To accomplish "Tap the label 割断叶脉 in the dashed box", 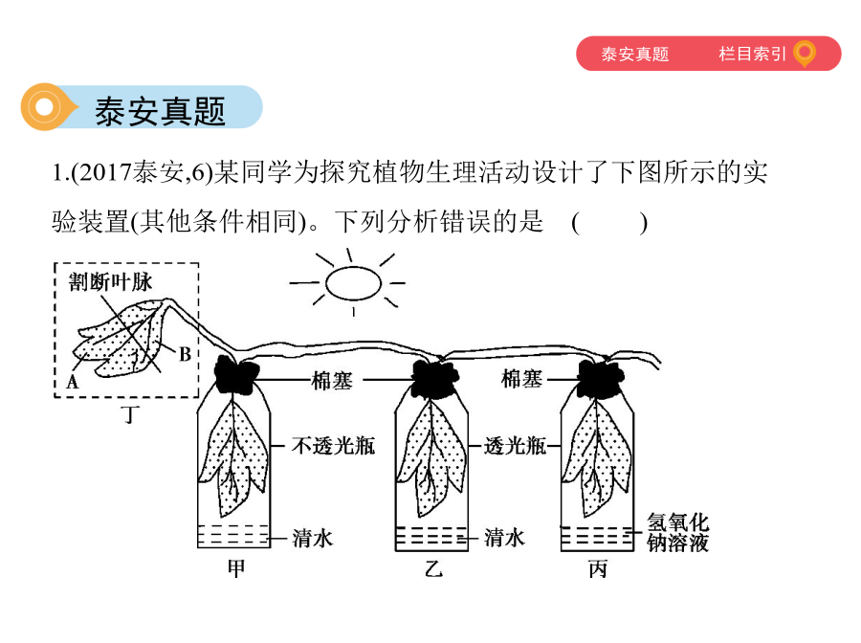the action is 110,281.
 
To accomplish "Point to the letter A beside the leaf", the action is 73,381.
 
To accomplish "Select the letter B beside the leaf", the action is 185,354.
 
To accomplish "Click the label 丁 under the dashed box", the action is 129,414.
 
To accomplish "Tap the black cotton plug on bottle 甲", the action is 236,374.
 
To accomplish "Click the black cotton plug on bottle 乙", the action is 435,378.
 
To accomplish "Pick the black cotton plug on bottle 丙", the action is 601,378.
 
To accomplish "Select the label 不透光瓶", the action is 333,445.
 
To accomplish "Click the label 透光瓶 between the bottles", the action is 515,445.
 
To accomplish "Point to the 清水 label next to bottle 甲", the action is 313,538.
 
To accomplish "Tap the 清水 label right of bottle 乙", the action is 504,538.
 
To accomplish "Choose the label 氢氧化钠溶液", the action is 677,532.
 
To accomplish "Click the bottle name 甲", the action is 236,568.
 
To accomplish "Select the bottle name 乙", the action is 433,569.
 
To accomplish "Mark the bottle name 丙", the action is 598,569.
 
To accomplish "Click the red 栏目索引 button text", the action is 752,54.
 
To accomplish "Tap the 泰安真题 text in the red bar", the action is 635,54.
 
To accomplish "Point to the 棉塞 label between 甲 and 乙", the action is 332,381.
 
